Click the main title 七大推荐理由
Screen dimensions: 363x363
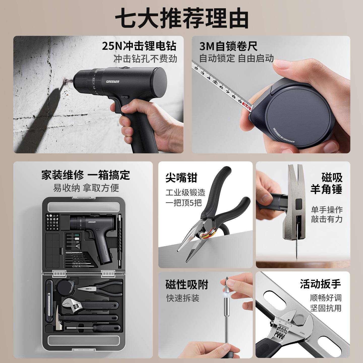coord(181,18)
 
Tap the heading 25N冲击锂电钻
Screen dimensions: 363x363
coord(139,46)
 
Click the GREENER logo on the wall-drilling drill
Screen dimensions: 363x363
coord(113,81)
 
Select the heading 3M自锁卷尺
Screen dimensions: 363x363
coord(228,46)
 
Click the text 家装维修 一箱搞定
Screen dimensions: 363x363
coord(86,175)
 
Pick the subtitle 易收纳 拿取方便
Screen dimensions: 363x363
coord(86,188)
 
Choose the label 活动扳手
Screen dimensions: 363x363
coord(320,284)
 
